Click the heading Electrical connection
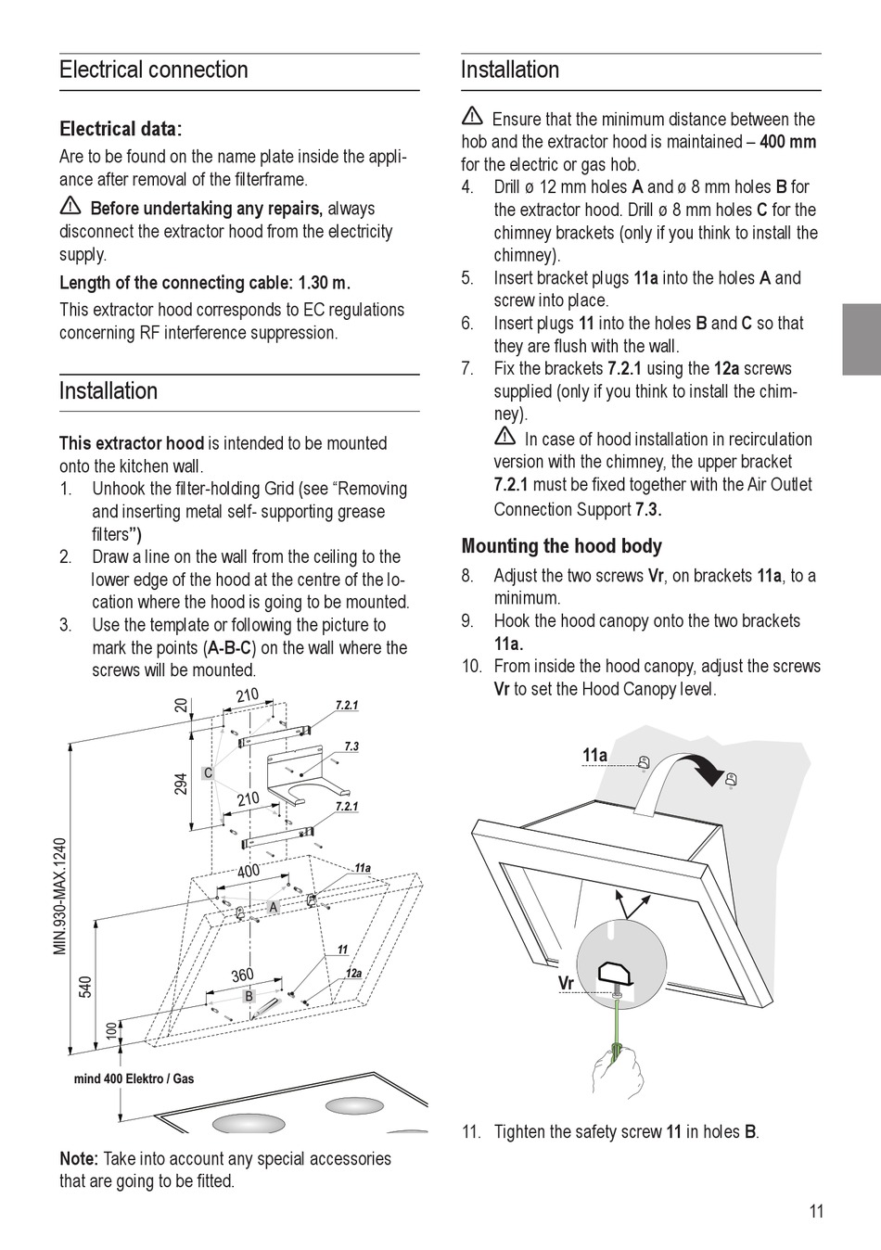[154, 70]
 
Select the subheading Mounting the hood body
[561, 546]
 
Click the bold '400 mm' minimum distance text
[787, 142]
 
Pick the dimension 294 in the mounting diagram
[181, 784]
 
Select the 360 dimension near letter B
[242, 976]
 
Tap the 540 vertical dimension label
[85, 986]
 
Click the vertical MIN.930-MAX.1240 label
[61, 896]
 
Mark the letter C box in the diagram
[208, 772]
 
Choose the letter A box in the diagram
[273, 908]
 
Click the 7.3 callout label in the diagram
[351, 746]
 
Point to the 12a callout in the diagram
[353, 973]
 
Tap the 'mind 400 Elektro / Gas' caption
[134, 1078]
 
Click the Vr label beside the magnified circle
[566, 983]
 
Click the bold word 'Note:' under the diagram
[79, 1158]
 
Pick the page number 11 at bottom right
[816, 1211]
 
